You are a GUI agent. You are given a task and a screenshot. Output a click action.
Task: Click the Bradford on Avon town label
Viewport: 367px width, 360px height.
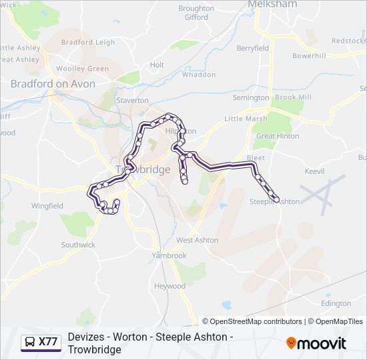point(53,84)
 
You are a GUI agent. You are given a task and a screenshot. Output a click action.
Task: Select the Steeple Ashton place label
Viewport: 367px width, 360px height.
point(274,201)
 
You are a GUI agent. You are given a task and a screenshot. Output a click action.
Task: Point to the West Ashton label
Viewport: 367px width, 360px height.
point(197,240)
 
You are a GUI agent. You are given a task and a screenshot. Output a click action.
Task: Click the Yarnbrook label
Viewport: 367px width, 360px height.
point(169,255)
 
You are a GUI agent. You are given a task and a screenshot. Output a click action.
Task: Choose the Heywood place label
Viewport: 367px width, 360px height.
point(169,286)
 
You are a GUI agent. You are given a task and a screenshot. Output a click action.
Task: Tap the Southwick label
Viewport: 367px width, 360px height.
point(78,245)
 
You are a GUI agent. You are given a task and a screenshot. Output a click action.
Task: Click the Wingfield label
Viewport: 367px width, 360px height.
point(47,206)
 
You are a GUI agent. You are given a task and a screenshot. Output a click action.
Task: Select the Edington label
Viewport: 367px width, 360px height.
point(336,303)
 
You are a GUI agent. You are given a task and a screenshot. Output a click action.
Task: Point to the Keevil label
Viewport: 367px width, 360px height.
point(314,171)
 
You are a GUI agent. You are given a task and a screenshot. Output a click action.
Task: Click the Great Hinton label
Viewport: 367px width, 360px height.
point(278,136)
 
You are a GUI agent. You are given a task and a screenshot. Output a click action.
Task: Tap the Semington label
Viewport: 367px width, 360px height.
point(250,98)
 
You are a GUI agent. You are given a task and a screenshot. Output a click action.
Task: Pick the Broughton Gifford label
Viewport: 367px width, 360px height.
point(196,13)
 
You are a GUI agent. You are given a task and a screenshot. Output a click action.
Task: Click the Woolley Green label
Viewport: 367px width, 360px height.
point(82,69)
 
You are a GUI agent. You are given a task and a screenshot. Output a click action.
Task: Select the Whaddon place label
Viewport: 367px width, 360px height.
point(199,75)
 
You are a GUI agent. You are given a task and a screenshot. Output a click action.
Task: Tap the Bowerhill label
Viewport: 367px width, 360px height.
point(308,55)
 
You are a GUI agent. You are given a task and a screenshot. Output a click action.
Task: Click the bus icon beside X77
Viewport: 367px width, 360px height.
point(29,342)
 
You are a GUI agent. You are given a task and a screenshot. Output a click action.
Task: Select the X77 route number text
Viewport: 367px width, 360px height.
point(48,342)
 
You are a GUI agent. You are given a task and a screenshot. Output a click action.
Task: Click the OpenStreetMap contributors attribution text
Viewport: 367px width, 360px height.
point(256,321)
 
